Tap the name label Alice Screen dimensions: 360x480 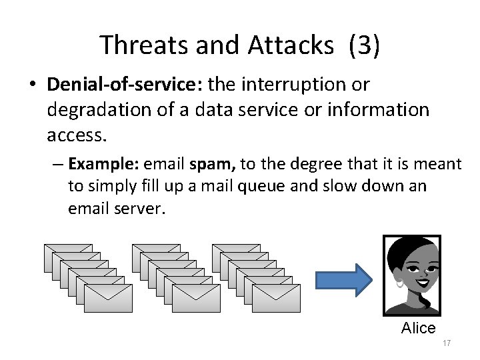[418, 328]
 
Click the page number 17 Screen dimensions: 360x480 [447, 343]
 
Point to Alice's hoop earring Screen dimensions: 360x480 [399, 283]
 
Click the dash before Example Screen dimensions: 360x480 [58, 164]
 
